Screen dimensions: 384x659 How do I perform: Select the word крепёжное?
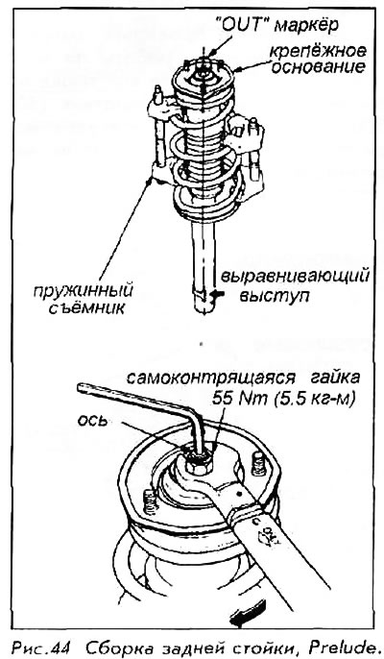pos(317,51)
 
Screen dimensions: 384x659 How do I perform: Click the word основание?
pos(318,67)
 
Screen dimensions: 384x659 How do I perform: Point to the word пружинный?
pos(84,291)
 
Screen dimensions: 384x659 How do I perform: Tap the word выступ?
pos(275,296)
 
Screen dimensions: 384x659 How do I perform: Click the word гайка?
pos(335,378)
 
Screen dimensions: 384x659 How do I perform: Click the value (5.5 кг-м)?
pos(313,398)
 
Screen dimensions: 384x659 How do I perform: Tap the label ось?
pos(92,420)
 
